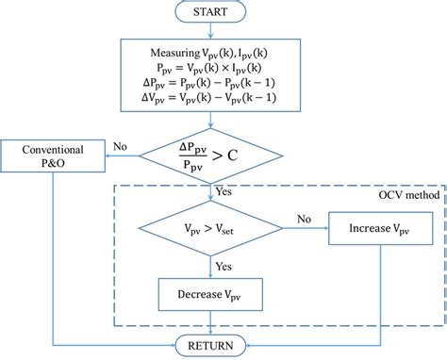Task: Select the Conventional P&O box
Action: pyautogui.click(x=54, y=155)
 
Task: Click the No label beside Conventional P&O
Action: pyautogui.click(x=120, y=147)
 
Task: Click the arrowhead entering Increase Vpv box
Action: pyautogui.click(x=326, y=229)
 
